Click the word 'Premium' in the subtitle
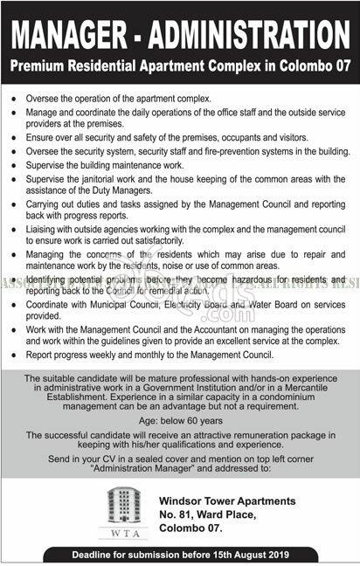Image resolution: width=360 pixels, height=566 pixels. pyautogui.click(x=35, y=66)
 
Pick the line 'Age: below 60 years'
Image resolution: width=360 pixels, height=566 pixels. pyautogui.click(x=180, y=418)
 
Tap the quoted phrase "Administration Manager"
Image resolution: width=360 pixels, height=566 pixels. pyautogui.click(x=182, y=469)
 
